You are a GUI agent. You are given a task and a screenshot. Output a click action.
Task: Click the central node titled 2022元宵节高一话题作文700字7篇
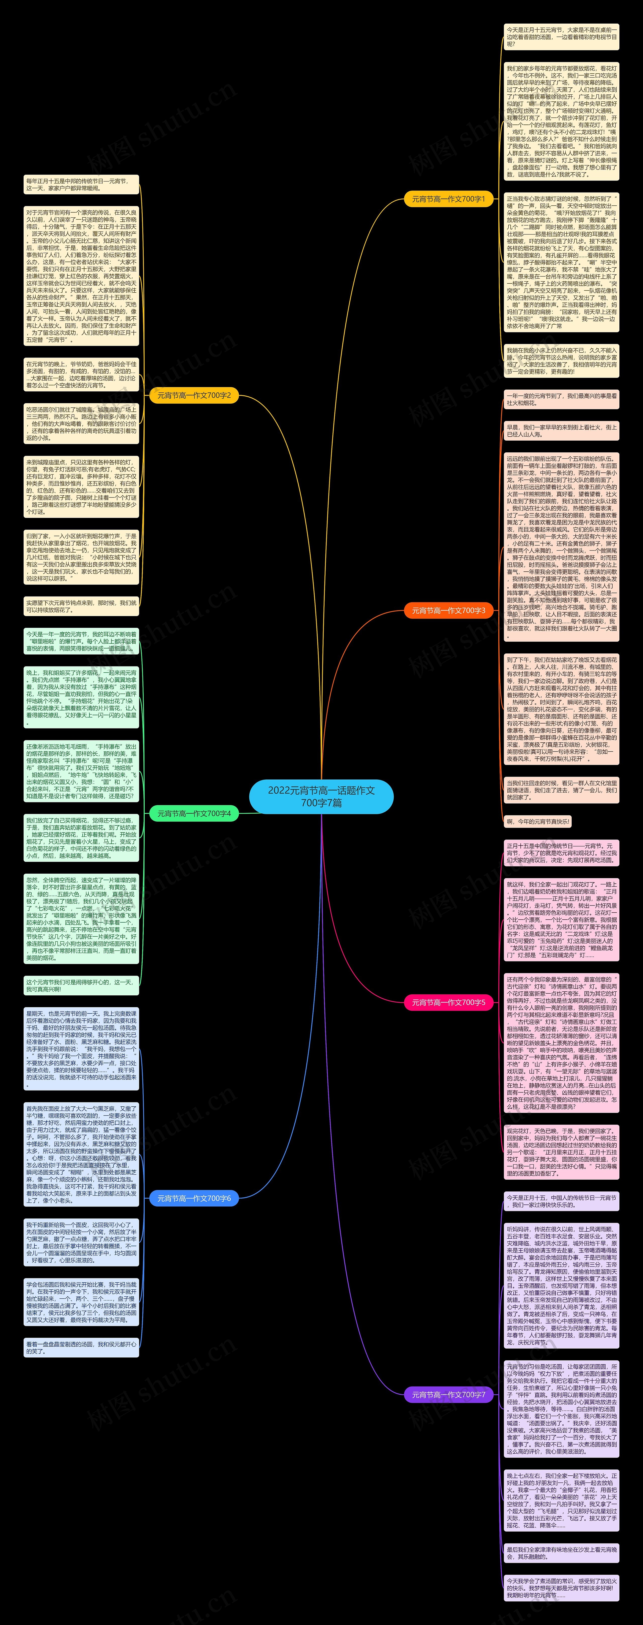click(321, 796)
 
